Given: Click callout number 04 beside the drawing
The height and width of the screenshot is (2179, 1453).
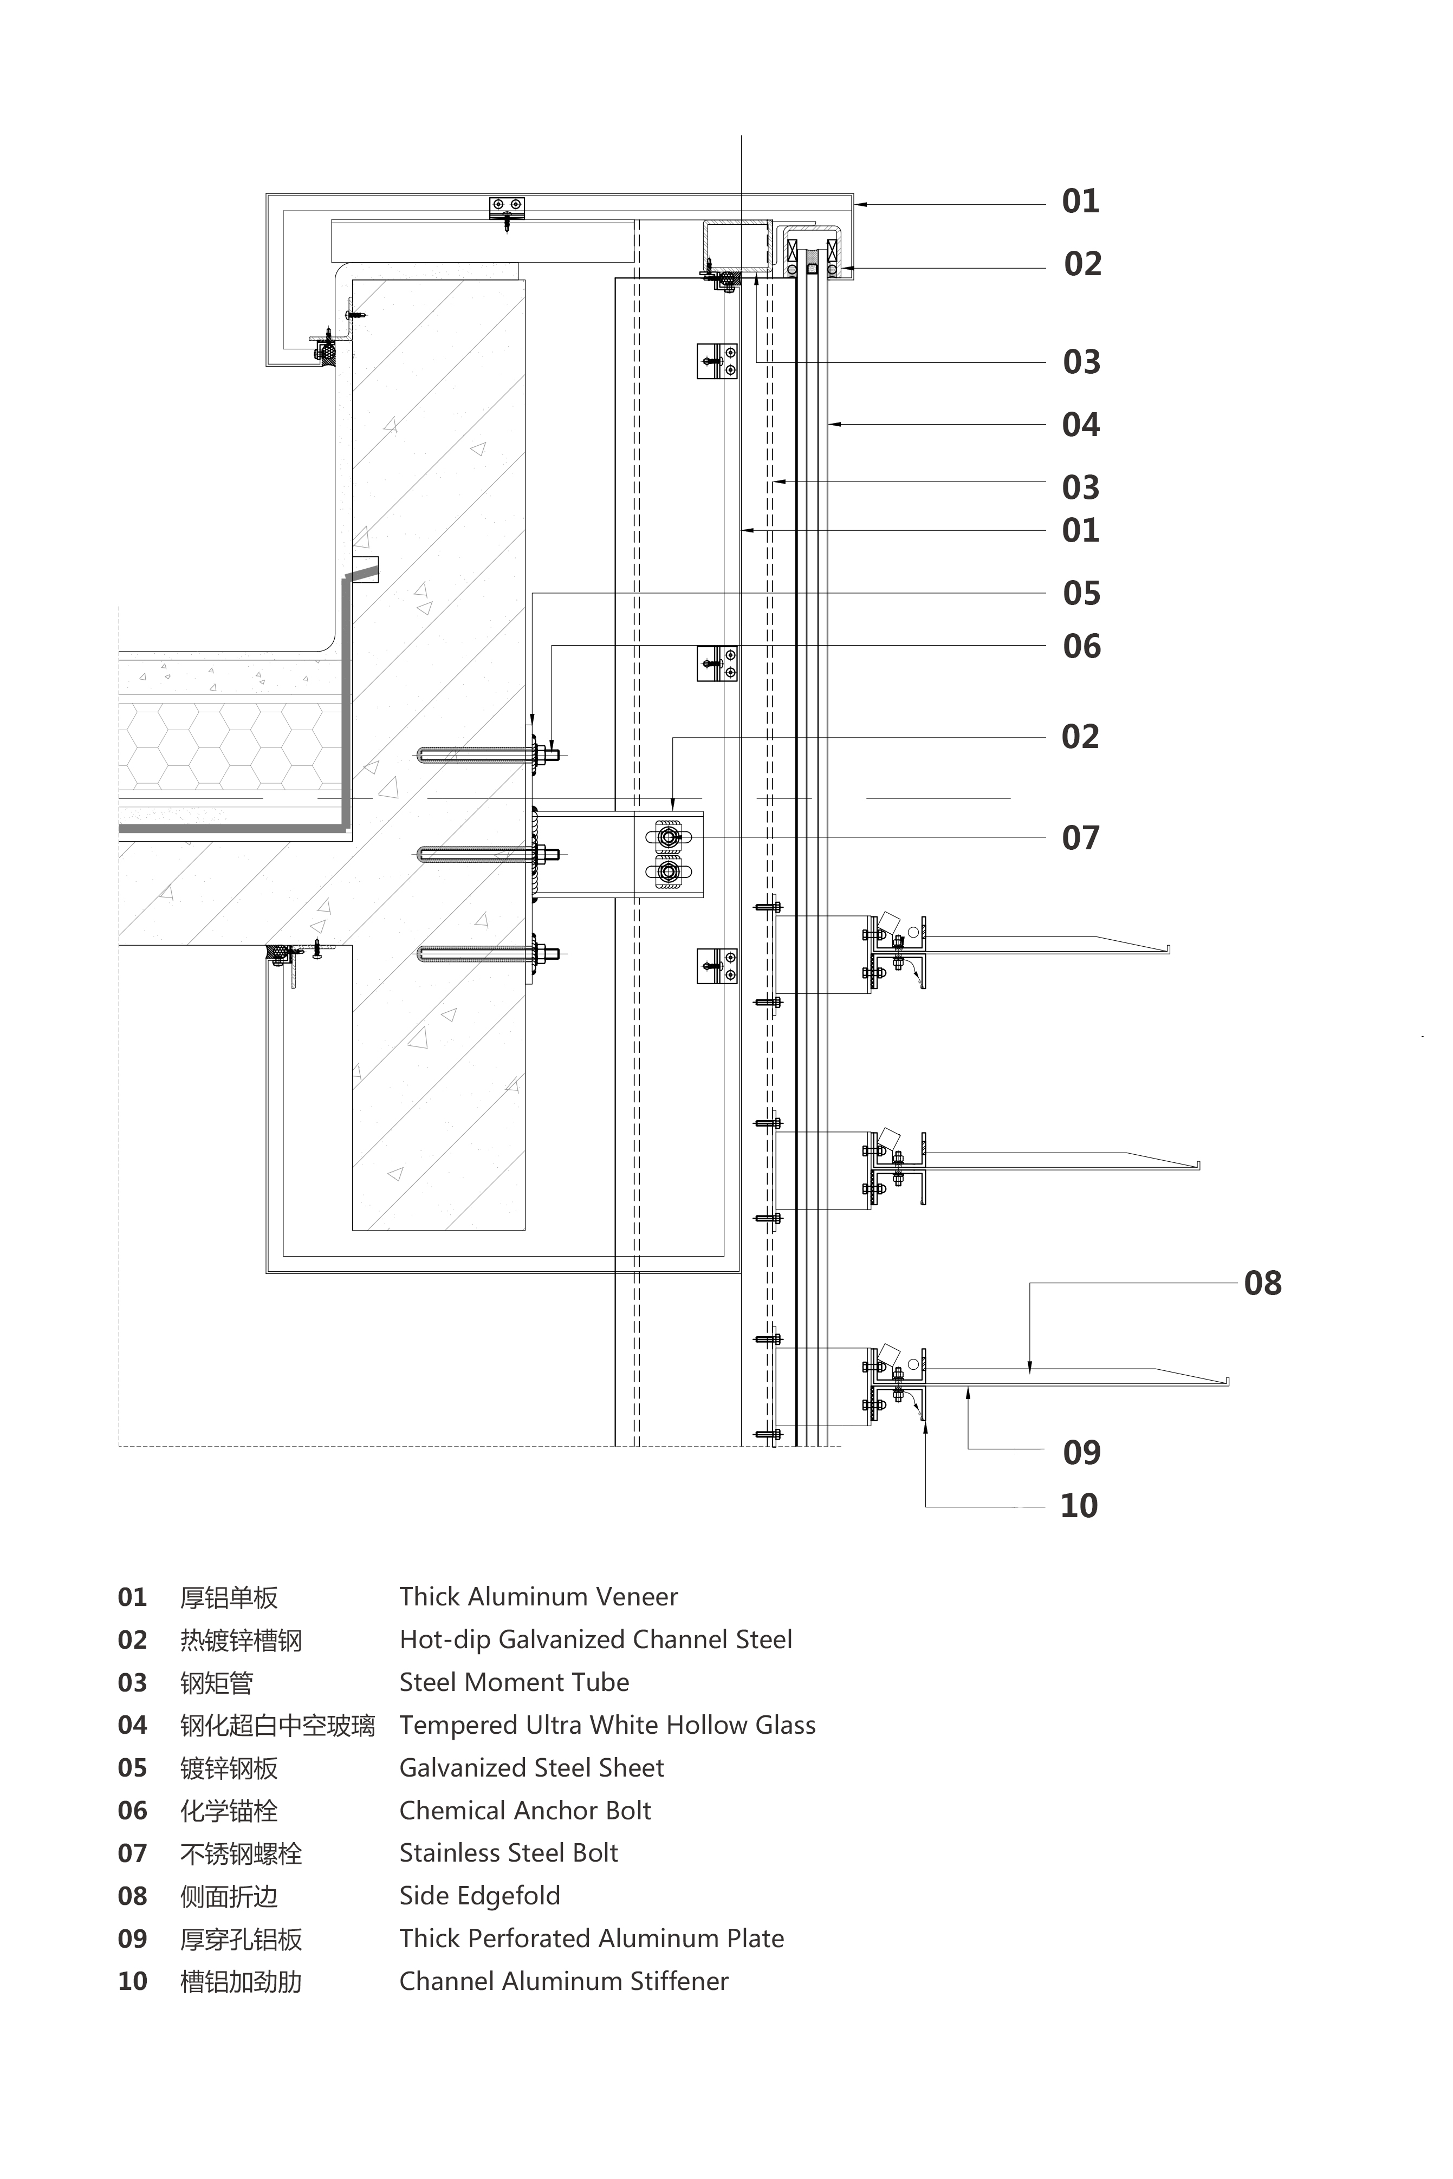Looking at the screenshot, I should [1080, 425].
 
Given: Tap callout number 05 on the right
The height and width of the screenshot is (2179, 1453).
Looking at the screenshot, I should [1081, 593].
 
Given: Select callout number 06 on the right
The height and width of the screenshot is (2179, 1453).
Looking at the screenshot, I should [1081, 647].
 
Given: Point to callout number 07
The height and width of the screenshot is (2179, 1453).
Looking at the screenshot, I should [1080, 838].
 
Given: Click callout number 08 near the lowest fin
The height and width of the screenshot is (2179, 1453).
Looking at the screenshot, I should [1262, 1283].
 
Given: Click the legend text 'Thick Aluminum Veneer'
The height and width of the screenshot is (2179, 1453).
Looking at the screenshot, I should [539, 1596].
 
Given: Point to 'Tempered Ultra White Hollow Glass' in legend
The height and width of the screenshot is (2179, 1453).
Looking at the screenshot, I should [607, 1725].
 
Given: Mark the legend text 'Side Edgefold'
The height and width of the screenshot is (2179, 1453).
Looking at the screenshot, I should [479, 1896].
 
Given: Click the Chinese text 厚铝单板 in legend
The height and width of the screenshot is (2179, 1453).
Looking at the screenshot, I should [229, 1597].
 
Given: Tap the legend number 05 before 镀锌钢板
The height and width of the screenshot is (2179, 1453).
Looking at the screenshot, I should [133, 1768].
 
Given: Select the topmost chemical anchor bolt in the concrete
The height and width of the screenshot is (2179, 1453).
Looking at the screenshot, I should [487, 755].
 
